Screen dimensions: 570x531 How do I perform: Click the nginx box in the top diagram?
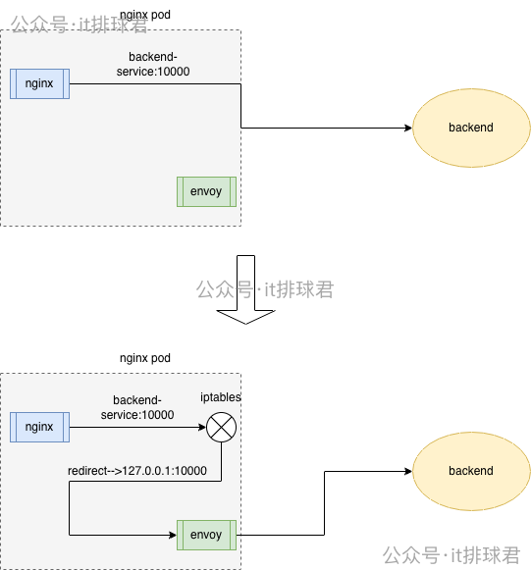pyautogui.click(x=39, y=83)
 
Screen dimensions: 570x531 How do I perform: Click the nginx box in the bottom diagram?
pyautogui.click(x=39, y=427)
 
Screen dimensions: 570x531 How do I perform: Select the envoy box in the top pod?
pyautogui.click(x=206, y=191)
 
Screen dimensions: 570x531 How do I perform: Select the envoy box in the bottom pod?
pyautogui.click(x=206, y=535)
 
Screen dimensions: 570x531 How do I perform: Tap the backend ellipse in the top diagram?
pyautogui.click(x=470, y=128)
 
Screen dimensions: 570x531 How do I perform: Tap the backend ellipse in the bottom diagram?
pyautogui.click(x=470, y=471)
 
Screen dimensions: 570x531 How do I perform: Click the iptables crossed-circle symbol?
pyautogui.click(x=221, y=427)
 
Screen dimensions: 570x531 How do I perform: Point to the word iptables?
pyautogui.click(x=221, y=397)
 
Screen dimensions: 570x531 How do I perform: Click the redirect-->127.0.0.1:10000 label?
pyautogui.click(x=136, y=471)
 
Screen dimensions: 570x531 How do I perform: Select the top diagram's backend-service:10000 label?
pyautogui.click(x=158, y=65)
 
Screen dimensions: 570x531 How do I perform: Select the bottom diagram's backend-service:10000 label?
pyautogui.click(x=143, y=408)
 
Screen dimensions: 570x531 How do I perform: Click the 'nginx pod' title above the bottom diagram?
pyautogui.click(x=144, y=358)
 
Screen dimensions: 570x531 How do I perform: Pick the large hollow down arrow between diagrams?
pyautogui.click(x=245, y=289)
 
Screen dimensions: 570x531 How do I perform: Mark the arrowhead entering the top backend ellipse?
pyautogui.click(x=406, y=128)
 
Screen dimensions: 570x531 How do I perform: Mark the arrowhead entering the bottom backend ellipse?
pyautogui.click(x=406, y=471)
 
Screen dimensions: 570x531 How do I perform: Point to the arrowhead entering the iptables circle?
pyautogui.click(x=201, y=427)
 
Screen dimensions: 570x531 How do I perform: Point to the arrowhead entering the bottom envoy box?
pyautogui.click(x=172, y=535)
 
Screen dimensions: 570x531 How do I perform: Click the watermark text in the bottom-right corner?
pyautogui.click(x=451, y=555)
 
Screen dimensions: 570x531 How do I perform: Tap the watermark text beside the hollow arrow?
pyautogui.click(x=265, y=289)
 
